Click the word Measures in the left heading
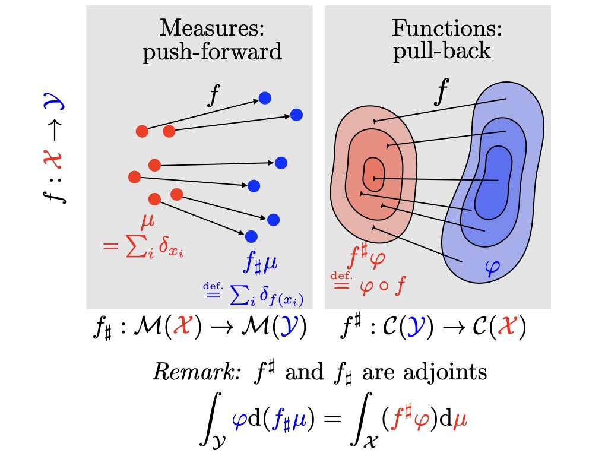211,28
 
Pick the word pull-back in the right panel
442,52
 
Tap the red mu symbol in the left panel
147,223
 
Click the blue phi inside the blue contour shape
492,270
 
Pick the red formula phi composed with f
382,286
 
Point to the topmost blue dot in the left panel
265,98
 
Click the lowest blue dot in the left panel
251,236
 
